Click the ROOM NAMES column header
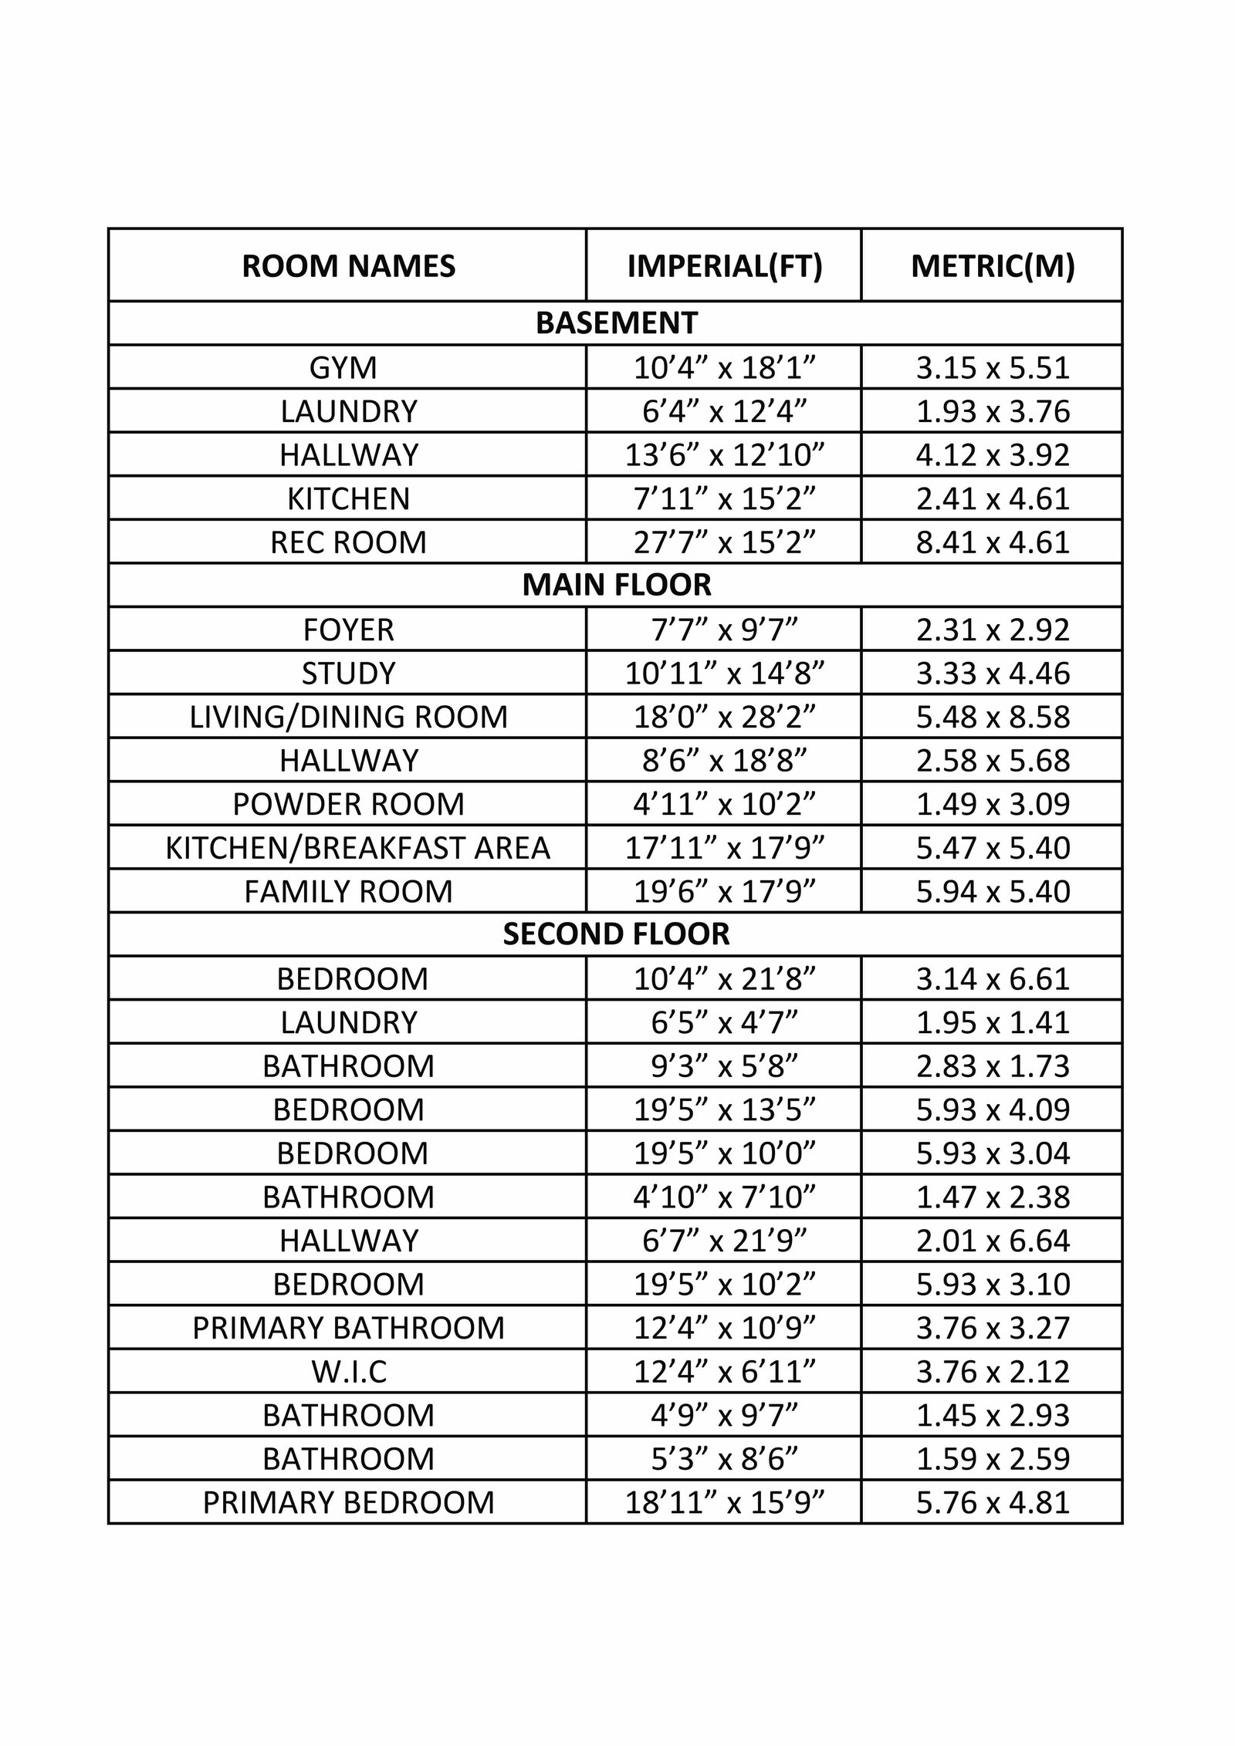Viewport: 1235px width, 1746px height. [348, 266]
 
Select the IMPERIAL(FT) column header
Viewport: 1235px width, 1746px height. [724, 266]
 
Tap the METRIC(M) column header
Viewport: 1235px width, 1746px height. [993, 266]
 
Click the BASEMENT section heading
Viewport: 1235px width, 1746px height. [616, 323]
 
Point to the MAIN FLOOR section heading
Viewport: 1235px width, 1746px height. [616, 585]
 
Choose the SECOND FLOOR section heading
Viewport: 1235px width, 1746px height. [616, 934]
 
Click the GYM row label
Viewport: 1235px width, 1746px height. [343, 367]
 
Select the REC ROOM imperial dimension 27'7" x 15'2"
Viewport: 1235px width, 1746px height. [724, 542]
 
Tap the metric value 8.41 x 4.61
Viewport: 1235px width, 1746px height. [993, 542]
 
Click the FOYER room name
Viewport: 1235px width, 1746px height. [348, 630]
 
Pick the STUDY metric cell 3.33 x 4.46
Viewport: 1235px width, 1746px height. [993, 673]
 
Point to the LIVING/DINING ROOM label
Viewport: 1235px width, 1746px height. [348, 717]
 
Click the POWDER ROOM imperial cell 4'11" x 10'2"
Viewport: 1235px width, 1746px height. [724, 804]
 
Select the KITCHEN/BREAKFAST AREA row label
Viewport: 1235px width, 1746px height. [357, 848]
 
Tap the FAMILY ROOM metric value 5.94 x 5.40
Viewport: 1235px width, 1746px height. [993, 891]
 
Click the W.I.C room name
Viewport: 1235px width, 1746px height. [348, 1372]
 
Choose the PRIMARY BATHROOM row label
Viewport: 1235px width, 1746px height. [348, 1328]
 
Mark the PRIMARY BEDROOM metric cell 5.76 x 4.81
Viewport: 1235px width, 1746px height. [993, 1502]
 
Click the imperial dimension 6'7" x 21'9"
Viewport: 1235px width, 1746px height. [724, 1241]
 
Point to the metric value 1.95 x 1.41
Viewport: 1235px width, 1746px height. [993, 1022]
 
